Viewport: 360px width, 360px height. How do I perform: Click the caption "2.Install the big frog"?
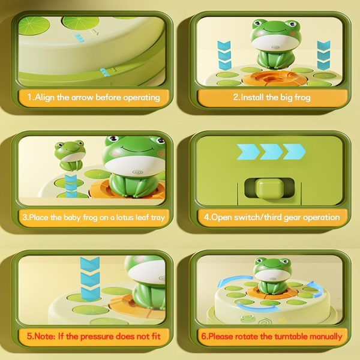click(272, 97)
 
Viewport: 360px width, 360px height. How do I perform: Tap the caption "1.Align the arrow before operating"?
click(94, 97)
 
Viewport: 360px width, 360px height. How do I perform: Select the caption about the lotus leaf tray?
click(94, 217)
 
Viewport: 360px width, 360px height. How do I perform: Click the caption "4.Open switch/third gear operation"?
click(272, 217)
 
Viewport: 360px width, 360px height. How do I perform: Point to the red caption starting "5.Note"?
click(94, 337)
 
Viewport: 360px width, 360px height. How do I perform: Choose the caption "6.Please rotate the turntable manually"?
click(272, 337)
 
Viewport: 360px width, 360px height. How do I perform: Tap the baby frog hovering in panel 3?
click(70, 155)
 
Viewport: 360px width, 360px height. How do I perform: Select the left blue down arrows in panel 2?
click(224, 55)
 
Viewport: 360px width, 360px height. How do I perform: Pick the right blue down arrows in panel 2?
click(324, 55)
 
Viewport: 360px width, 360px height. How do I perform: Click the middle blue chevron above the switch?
click(271, 152)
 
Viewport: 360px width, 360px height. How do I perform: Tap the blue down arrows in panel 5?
click(90, 279)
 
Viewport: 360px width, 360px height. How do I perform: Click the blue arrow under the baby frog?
click(71, 185)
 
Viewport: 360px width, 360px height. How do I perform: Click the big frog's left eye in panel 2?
click(258, 23)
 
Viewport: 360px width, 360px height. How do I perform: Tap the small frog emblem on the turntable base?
click(247, 318)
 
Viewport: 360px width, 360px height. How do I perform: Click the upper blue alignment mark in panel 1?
click(80, 38)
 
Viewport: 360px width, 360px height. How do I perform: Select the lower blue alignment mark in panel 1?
click(104, 72)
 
